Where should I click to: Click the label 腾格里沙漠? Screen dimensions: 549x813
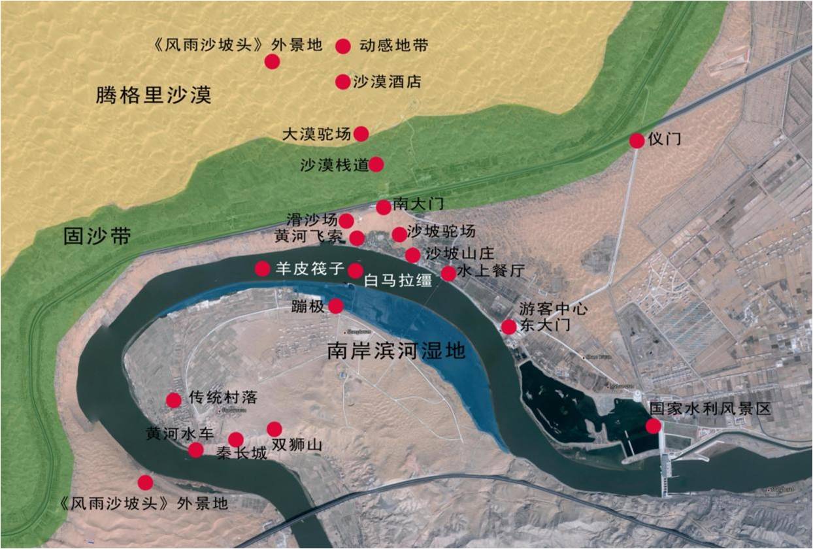154,95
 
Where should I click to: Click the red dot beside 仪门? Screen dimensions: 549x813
637,141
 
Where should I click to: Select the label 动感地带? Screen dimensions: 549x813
393,46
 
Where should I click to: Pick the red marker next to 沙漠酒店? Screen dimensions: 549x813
342,82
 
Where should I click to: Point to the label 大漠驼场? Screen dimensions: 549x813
317,134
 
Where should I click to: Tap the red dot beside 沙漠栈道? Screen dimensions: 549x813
376,164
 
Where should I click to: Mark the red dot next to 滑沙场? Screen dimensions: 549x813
346,221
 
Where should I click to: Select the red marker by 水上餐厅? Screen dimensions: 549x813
448,273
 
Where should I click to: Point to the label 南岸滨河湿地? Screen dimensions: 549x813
397,352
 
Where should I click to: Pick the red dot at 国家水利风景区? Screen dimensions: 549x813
653,426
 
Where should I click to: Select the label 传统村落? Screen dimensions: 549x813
223,397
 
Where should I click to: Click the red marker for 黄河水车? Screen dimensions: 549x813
195,450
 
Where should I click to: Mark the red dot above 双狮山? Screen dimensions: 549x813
274,429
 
